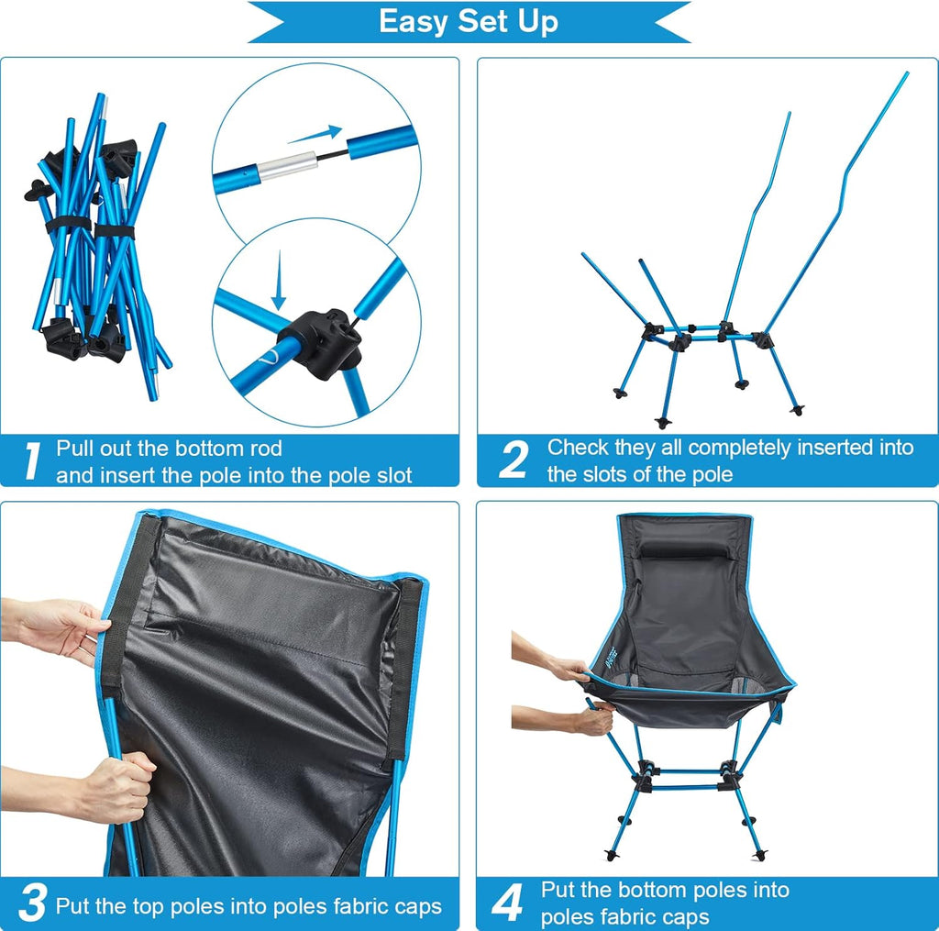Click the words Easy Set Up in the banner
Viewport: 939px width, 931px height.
(x=469, y=21)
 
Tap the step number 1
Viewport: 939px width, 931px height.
(x=30, y=461)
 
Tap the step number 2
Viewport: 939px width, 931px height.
(x=513, y=460)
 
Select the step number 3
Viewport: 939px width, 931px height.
(x=31, y=903)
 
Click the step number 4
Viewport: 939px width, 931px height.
(x=507, y=903)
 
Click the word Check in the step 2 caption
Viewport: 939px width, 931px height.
(x=579, y=448)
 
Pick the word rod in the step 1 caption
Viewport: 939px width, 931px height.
(x=263, y=449)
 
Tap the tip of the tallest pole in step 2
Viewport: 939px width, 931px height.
(x=906, y=74)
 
